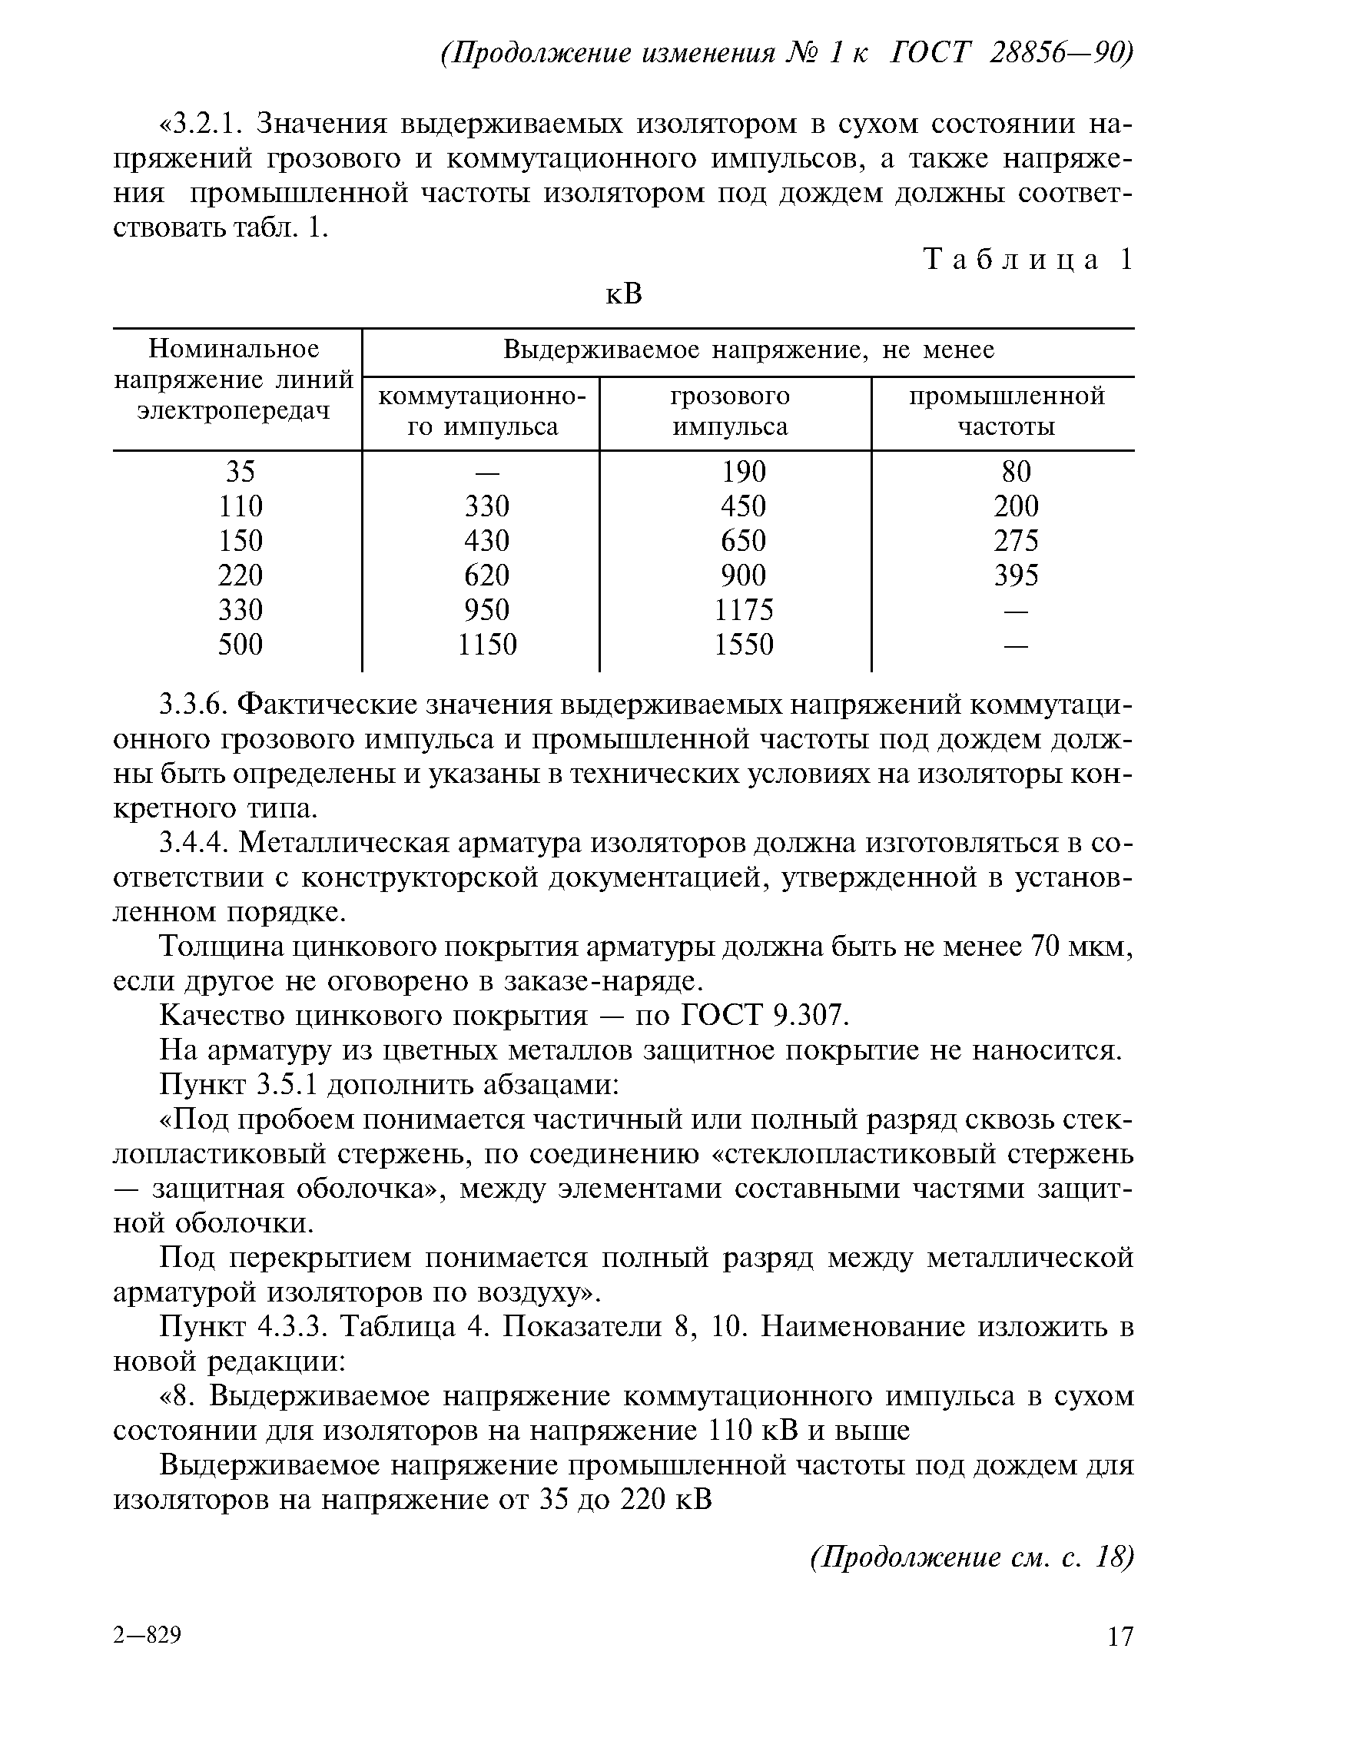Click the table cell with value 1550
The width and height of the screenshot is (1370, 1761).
pos(744,645)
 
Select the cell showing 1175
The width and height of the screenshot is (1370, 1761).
pos(744,609)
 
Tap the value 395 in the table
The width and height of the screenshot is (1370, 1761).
pos(1015,575)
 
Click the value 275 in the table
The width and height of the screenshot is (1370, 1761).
pos(1015,540)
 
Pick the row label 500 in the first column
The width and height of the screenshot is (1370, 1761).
pos(240,645)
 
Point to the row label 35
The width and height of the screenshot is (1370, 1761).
pos(240,471)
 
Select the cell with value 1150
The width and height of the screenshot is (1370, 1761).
pos(487,645)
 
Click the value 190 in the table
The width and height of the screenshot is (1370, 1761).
pos(744,471)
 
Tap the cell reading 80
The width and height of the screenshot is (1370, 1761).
pos(1016,471)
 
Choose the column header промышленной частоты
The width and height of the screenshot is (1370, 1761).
pos(1007,411)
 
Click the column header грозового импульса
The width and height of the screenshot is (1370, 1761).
pos(730,411)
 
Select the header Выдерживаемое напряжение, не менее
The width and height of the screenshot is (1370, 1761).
pos(748,350)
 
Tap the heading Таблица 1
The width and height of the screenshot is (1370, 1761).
pos(1028,260)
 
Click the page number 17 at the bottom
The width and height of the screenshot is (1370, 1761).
pos(1120,1636)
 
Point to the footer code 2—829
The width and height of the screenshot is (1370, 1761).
pos(148,1634)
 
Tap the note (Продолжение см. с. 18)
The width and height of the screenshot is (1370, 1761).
pos(971,1557)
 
